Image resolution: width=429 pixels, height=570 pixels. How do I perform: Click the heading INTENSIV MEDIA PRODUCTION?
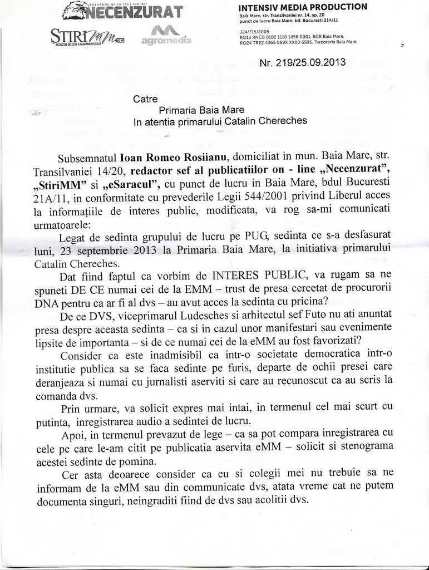click(302, 7)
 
